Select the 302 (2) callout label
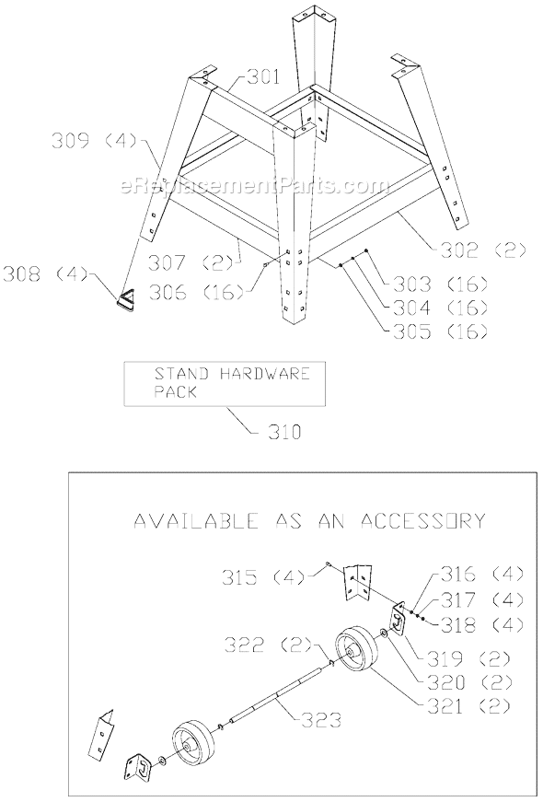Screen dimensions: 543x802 point(479,250)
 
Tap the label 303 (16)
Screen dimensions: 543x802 point(440,284)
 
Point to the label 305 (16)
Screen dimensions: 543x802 point(440,332)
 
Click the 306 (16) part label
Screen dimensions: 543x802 point(196,293)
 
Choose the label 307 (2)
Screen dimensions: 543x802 point(194,263)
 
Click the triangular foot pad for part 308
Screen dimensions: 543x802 point(126,300)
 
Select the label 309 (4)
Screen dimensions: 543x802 point(95,141)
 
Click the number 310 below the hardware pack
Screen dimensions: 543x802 point(284,433)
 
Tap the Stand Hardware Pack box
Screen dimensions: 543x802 point(225,383)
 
